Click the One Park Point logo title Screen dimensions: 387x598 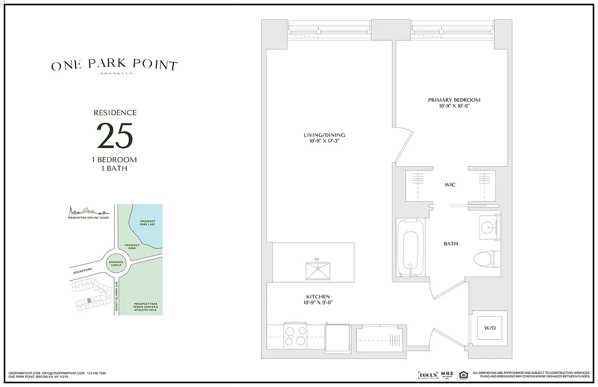click(115, 66)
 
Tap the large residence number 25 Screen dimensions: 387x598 click(115, 136)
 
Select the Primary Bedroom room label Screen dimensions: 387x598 click(454, 100)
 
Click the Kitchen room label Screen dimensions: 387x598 click(317, 297)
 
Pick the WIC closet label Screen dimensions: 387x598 click(450, 185)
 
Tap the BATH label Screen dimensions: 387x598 click(450, 244)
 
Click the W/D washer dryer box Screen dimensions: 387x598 click(489, 328)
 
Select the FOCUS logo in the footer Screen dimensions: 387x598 click(427, 375)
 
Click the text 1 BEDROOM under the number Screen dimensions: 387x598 click(115, 160)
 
